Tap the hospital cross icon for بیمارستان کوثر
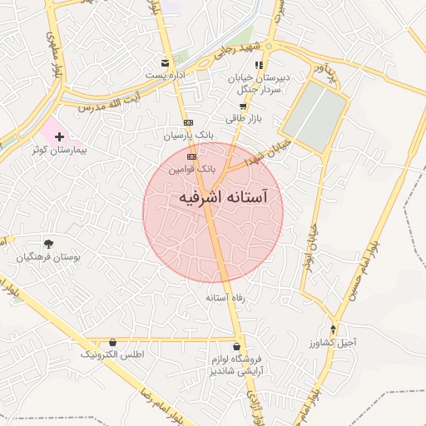[x=59, y=136]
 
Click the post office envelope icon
[x=166, y=62]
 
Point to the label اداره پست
[x=166, y=76]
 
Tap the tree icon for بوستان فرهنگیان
[x=49, y=244]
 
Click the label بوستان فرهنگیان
[x=49, y=258]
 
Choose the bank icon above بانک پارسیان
[x=188, y=121]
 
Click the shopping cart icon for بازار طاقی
[x=243, y=106]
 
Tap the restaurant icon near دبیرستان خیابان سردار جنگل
[x=260, y=64]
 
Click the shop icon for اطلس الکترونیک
[x=113, y=342]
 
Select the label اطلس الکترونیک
[x=112, y=355]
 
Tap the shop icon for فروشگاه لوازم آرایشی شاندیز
[x=238, y=346]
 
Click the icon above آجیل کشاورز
[x=334, y=329]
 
